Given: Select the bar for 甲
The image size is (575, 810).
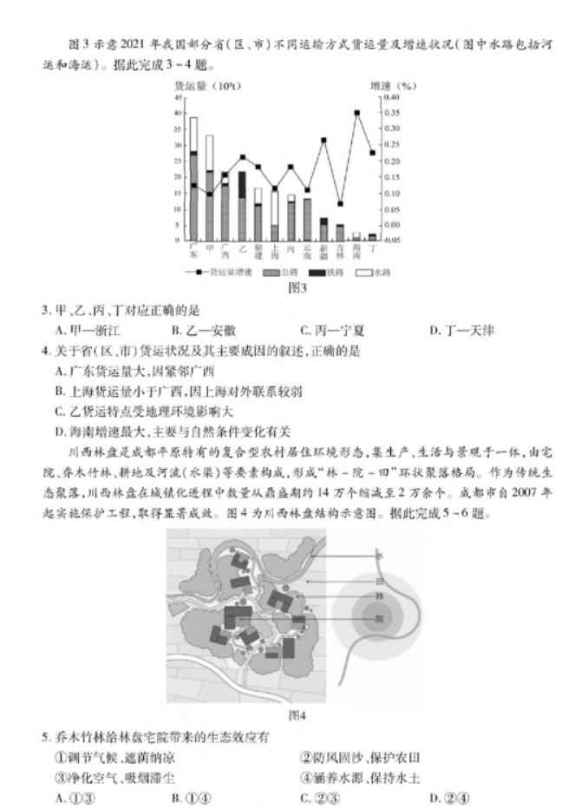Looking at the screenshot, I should (209, 188).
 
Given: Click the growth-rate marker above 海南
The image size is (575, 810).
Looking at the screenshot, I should (356, 113).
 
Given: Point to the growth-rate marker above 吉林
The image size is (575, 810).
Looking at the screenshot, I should (340, 203).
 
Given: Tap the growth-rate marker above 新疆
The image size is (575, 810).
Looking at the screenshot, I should (323, 140).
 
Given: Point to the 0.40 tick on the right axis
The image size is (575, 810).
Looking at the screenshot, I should (394, 97).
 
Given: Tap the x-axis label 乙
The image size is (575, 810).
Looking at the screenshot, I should (242, 248).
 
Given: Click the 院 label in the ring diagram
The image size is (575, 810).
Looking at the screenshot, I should (378, 617).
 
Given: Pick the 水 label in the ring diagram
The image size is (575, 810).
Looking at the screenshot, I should (378, 555).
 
